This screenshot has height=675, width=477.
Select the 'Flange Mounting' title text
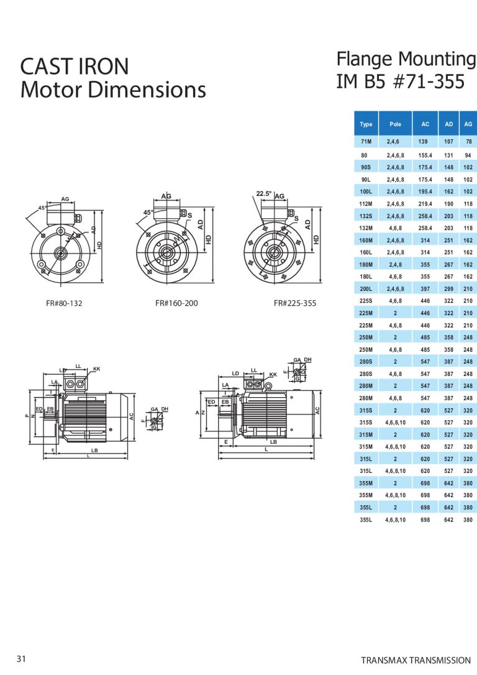tap(406, 59)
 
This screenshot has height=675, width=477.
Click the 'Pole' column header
tap(395, 124)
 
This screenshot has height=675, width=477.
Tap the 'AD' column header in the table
tap(448, 124)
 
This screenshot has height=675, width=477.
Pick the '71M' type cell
tap(366, 142)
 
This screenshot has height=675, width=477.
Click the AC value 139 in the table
tap(425, 142)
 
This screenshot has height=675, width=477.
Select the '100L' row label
tap(366, 191)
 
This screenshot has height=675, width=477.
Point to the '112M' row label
tap(366, 203)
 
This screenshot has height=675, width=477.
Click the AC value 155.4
tap(425, 155)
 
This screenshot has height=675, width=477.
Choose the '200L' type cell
tap(366, 288)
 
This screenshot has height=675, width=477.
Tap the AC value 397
tap(425, 288)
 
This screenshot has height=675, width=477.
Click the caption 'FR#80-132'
tap(64, 304)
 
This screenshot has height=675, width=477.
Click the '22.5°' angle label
tap(264, 193)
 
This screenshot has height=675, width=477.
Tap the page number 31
tap(22, 659)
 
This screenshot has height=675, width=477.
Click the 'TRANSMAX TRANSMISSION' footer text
tap(416, 660)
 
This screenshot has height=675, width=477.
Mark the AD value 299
tap(448, 288)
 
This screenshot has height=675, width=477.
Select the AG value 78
tap(468, 142)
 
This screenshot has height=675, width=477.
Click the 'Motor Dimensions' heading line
tap(112, 90)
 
